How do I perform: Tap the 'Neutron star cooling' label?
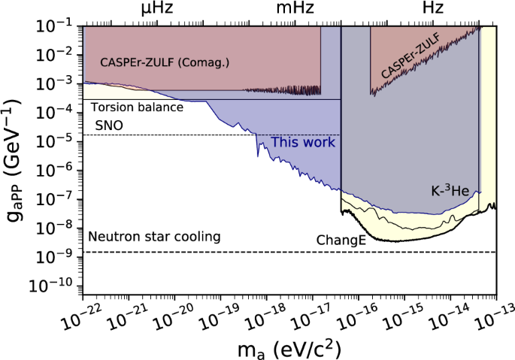pyautogui.click(x=154, y=237)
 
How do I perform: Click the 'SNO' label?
pyautogui.click(x=108, y=125)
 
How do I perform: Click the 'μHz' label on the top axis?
pyautogui.click(x=159, y=9)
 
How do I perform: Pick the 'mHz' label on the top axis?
pyautogui.click(x=294, y=9)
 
